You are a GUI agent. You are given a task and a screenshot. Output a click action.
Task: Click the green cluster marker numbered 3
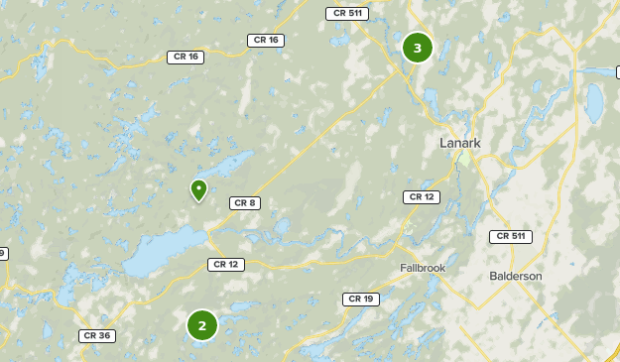(x=417, y=48)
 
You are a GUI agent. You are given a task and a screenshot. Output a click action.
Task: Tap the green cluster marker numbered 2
(x=201, y=324)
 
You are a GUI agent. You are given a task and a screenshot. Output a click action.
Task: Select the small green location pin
(x=198, y=188)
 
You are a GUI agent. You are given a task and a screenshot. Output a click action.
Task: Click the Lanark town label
(x=459, y=143)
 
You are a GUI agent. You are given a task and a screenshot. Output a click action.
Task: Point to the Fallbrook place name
(x=424, y=269)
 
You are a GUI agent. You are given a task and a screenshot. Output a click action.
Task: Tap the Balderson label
(x=516, y=276)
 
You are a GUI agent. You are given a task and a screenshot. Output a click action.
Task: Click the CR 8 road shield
(x=244, y=203)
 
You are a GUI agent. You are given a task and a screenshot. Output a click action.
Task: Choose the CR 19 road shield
(x=359, y=299)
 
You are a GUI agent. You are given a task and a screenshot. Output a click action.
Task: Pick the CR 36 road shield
(x=97, y=335)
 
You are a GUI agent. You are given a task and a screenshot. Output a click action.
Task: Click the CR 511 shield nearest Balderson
(x=510, y=236)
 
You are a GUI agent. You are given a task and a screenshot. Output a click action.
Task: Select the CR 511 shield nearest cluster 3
(x=346, y=13)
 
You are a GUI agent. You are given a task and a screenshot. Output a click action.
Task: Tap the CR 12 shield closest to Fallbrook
(x=421, y=197)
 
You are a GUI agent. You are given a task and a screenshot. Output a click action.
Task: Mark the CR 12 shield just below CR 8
(x=225, y=264)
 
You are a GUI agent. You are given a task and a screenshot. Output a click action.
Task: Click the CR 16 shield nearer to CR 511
(x=266, y=40)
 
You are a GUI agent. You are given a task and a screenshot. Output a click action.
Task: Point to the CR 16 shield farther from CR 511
(x=185, y=57)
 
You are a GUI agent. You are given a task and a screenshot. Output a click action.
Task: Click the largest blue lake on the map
(x=164, y=253)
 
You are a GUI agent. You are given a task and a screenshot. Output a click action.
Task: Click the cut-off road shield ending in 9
(x=2, y=253)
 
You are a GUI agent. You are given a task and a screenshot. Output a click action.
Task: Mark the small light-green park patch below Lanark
(x=464, y=158)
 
